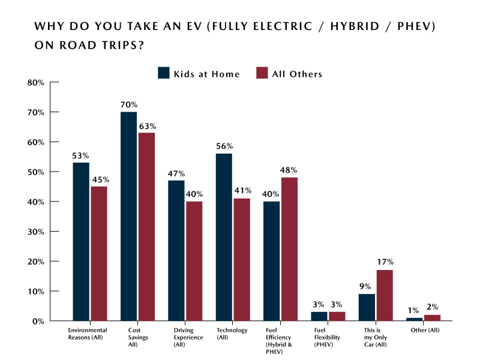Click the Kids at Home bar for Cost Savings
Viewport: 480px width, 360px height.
pos(128,216)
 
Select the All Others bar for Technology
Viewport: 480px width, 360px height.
pos(241,259)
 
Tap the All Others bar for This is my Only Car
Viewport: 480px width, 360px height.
pos(385,295)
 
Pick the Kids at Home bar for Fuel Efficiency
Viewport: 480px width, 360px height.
pos(272,261)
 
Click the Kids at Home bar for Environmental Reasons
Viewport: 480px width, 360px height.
pos(81,242)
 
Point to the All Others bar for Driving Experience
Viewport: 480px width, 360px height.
pos(194,261)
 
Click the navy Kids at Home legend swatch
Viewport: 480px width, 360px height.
pos(164,74)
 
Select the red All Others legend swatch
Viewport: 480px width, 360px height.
pos(262,74)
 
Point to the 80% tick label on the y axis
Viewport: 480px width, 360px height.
pos(36,82)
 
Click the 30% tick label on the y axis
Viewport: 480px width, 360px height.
pos(36,232)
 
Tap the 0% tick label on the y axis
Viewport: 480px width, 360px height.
pos(38,321)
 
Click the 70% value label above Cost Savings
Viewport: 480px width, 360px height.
pos(128,105)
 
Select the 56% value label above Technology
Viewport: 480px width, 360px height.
pos(224,146)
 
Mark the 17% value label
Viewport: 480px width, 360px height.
pos(385,262)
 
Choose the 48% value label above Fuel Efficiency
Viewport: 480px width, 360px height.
pos(289,170)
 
